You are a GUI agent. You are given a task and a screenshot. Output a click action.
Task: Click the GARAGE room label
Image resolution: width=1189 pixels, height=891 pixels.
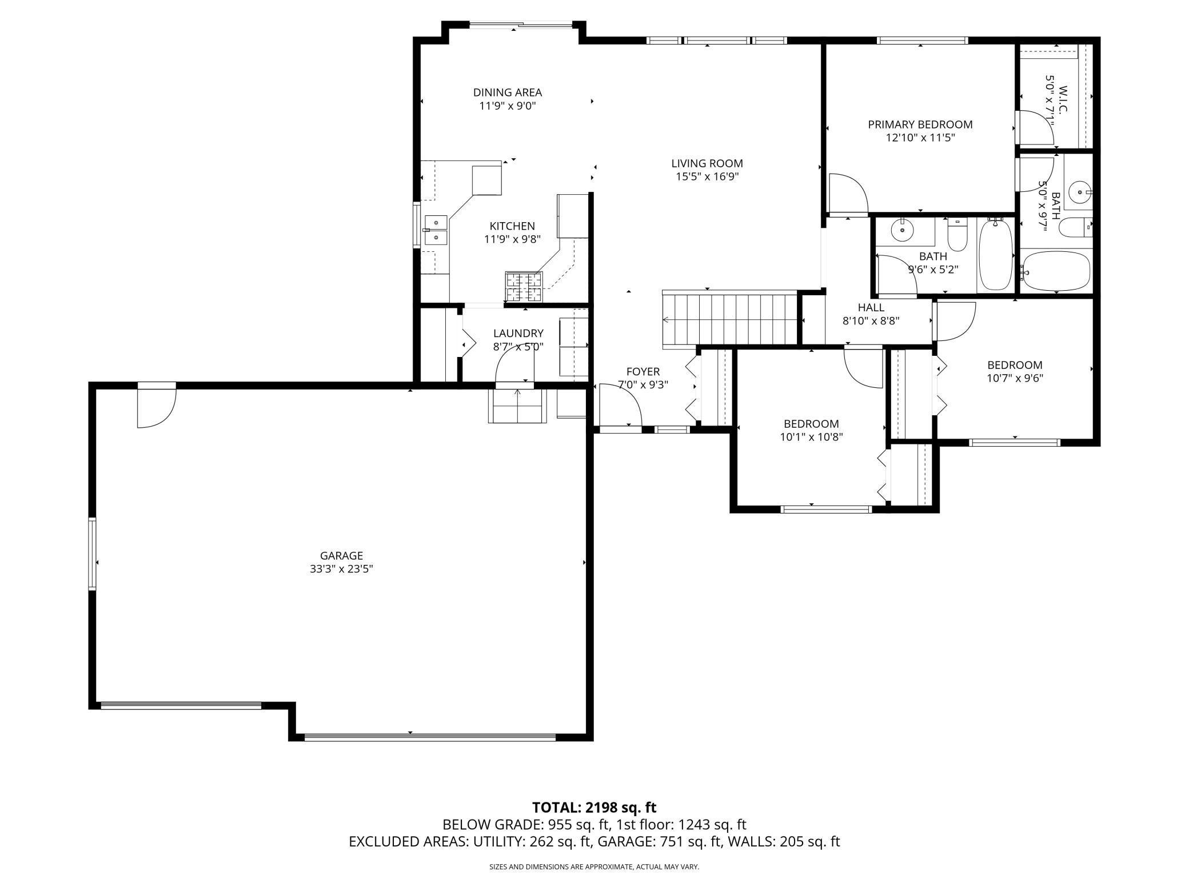[341, 556]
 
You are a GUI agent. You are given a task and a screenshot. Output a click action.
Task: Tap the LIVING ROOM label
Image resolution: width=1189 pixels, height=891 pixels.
[707, 163]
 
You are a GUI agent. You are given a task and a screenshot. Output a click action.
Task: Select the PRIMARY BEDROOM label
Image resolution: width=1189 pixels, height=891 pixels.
[920, 125]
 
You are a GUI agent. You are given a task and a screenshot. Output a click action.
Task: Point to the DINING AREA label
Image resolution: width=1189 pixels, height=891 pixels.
[508, 93]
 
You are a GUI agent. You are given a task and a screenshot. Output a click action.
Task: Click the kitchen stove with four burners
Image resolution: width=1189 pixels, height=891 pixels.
[523, 287]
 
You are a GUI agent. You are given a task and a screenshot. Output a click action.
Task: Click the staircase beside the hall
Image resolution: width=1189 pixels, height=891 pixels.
[730, 320]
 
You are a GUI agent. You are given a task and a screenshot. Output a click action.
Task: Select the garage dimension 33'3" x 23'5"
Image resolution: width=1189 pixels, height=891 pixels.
[341, 569]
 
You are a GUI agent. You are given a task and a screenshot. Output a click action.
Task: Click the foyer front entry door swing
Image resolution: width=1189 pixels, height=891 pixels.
[620, 404]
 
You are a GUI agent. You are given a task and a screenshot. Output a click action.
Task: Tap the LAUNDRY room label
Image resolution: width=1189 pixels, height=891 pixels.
[518, 333]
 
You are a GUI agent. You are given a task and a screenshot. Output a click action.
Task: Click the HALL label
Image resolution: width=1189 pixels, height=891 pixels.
[871, 308]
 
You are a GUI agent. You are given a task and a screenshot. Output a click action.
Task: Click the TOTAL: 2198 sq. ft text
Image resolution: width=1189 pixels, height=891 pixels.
[594, 808]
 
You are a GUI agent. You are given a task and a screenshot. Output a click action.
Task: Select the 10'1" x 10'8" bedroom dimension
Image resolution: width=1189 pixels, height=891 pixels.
[812, 438]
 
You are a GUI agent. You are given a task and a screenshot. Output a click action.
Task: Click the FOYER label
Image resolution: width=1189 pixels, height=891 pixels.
[643, 372]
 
